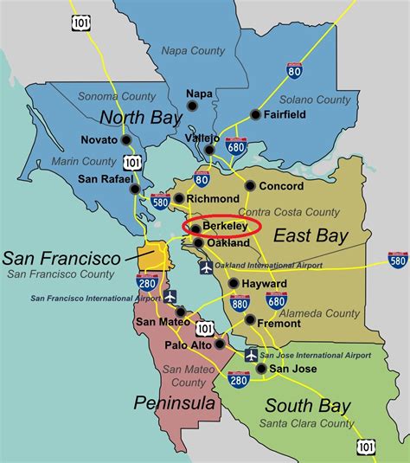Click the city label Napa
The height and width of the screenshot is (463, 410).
pos(200,93)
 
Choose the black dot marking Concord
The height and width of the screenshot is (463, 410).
pos(250,185)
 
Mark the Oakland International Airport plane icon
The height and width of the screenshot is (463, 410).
pos(207,267)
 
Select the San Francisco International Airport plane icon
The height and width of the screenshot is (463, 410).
pos(170,296)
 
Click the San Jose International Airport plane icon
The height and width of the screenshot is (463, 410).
pos(252,355)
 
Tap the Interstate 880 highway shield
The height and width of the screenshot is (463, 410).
pos(240,304)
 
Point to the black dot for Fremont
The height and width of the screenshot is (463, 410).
pos(250,320)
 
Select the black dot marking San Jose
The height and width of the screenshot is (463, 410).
pos(261,369)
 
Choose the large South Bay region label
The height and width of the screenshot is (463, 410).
pos(307,406)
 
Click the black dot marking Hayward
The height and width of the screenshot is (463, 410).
pos(234,283)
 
